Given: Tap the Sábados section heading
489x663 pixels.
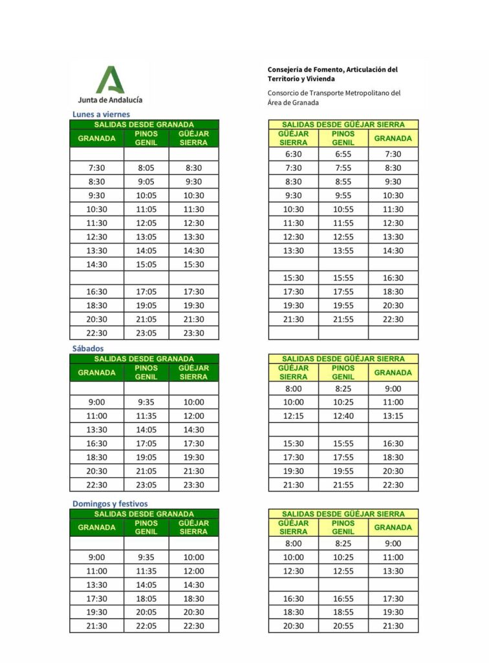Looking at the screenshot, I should [87, 348].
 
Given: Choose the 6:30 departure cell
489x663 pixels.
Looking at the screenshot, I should [293, 154].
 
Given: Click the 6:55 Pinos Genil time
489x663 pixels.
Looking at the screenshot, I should [343, 154].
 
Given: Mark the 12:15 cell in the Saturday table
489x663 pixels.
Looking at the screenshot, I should [293, 416].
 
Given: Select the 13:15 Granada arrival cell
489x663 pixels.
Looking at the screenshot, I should [393, 416].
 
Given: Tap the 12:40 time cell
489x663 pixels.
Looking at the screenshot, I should [343, 416].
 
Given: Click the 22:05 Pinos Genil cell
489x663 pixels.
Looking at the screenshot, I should [146, 626].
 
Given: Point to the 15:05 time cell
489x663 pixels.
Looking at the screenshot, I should [146, 264].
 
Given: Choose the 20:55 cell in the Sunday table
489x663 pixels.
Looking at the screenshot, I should [343, 626].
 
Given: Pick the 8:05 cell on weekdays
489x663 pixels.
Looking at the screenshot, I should [146, 168].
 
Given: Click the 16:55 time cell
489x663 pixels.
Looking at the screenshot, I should [343, 599].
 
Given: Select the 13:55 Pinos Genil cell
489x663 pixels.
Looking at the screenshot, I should [343, 251].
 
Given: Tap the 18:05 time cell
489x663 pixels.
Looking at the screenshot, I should [146, 599].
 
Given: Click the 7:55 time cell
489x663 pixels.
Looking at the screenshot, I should [343, 168].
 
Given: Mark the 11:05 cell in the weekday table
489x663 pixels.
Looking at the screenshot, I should [146, 209].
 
